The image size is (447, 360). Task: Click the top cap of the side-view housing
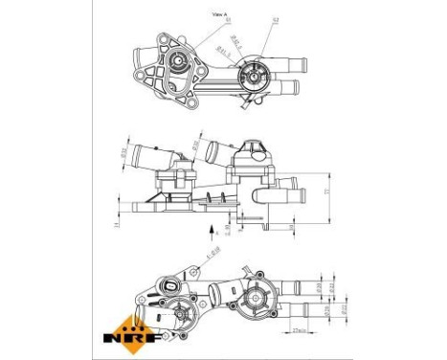(254, 145)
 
